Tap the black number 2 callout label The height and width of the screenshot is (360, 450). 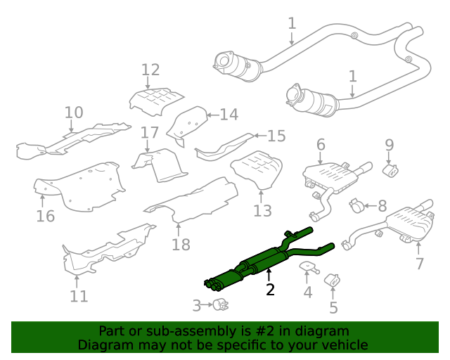270,289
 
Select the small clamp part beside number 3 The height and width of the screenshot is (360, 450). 221,304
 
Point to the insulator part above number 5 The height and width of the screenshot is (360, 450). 331,281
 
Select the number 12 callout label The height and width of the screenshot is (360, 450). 150,70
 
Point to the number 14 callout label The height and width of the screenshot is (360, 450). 229,114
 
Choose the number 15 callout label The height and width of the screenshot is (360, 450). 276,136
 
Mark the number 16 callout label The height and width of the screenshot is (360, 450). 45,216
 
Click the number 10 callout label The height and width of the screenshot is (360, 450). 74,112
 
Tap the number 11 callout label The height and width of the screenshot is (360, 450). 79,296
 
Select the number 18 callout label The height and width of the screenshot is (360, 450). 181,244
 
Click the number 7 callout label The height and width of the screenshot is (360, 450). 420,264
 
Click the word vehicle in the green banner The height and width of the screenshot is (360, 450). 342,345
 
